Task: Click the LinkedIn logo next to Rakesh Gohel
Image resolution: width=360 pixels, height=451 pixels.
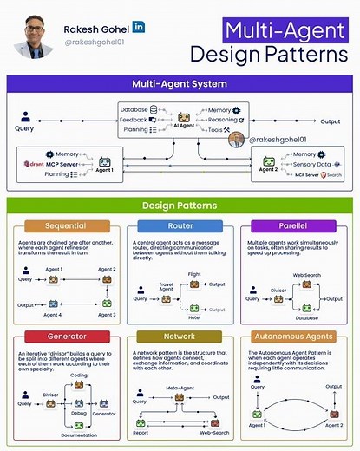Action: (140, 27)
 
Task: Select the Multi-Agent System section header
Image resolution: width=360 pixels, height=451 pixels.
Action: (180, 84)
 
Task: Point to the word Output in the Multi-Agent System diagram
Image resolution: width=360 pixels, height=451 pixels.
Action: (331, 121)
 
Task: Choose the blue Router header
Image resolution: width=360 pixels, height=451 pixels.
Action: (180, 225)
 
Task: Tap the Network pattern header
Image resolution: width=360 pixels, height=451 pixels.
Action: (180, 336)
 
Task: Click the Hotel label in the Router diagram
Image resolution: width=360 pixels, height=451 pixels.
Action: (193, 317)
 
